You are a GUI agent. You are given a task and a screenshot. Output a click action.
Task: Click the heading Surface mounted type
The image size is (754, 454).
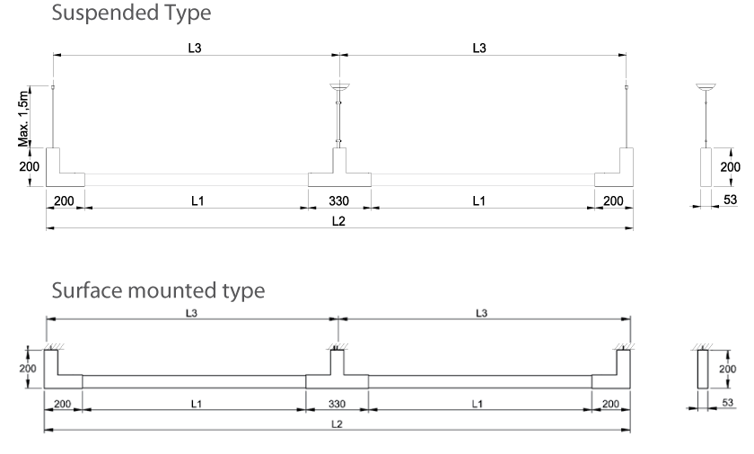pos(157,291)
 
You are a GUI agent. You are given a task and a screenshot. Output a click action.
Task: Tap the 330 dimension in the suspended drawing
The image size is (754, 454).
pos(338,200)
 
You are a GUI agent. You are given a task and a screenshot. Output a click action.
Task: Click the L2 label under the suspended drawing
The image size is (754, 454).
pos(338,222)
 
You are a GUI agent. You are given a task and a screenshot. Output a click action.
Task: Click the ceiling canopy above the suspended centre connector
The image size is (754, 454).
pos(339,86)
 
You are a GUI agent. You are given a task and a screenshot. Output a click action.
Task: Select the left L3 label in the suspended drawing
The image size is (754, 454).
pos(195,48)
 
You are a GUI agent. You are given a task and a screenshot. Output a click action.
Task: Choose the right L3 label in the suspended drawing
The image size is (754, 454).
pos(479,48)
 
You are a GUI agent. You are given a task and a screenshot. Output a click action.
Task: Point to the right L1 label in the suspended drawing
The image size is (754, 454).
pos(479,200)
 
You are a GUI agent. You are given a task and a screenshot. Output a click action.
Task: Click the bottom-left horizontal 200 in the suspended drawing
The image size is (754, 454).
pos(64,200)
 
